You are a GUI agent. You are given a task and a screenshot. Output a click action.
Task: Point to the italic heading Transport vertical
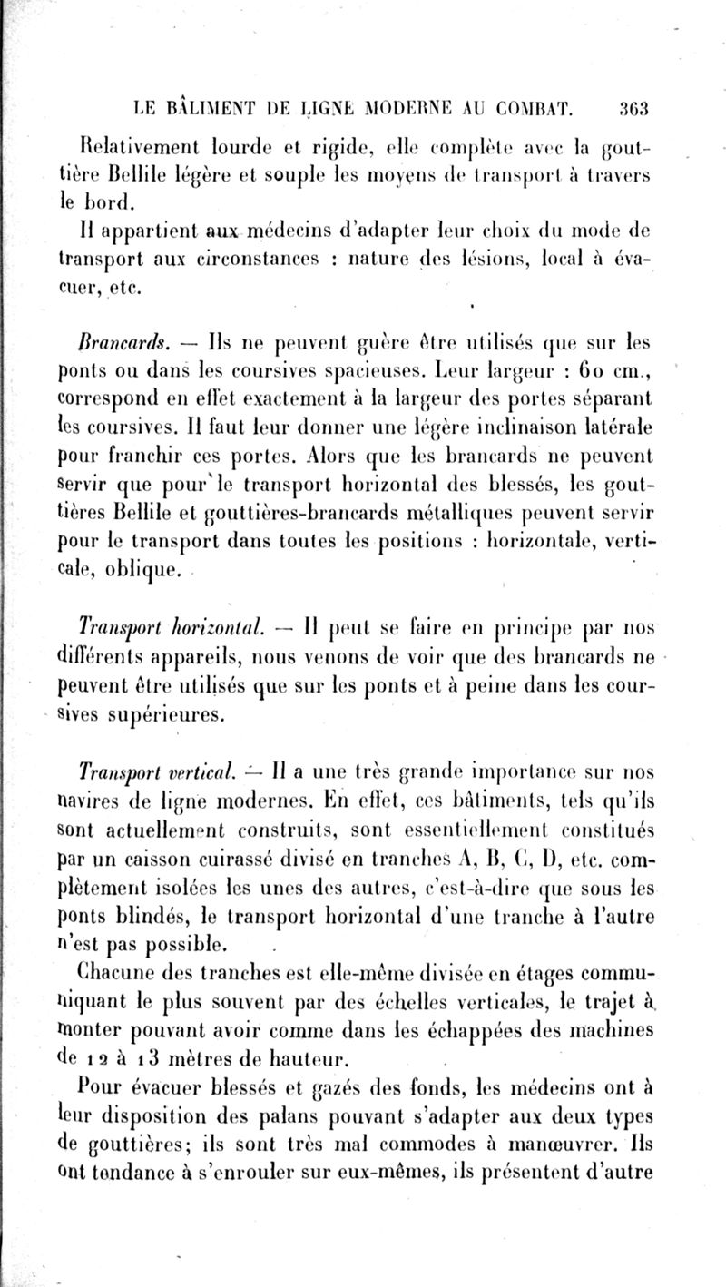point(151,773)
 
